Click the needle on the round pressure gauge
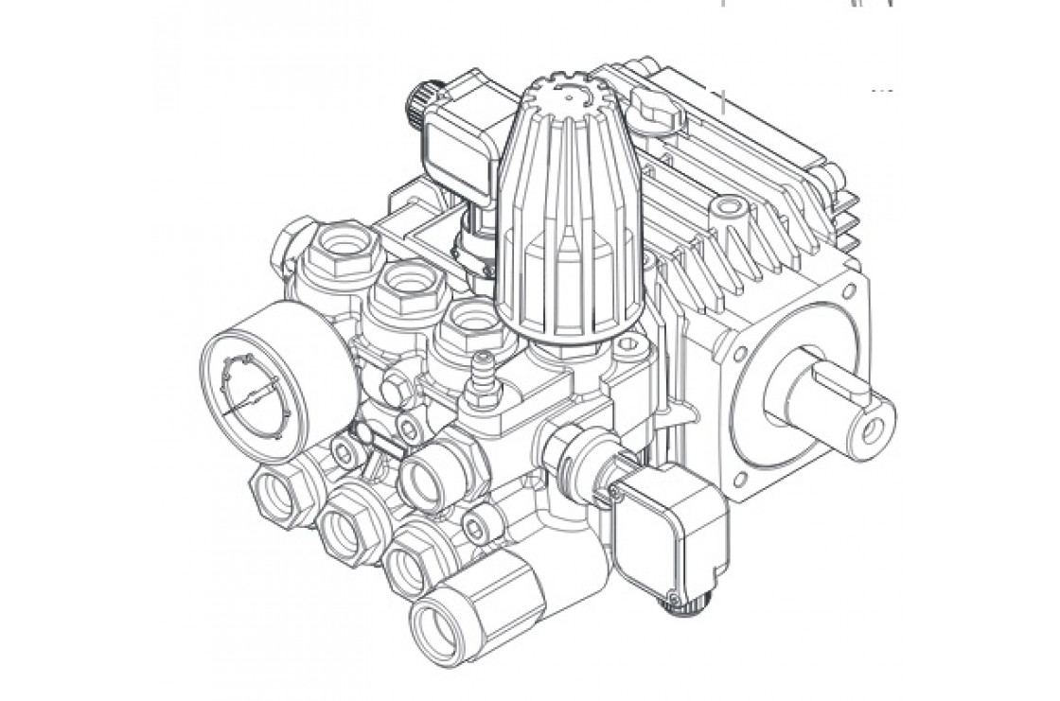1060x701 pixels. click(248, 399)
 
